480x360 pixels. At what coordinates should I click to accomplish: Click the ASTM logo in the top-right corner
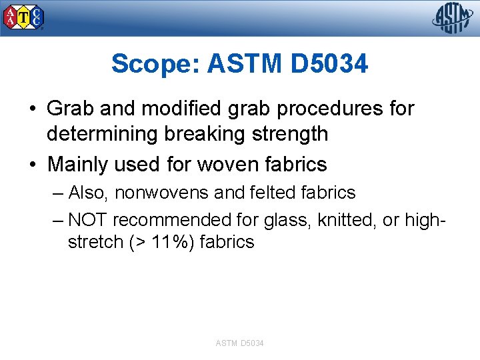453,18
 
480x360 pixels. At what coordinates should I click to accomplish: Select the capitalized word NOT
88,219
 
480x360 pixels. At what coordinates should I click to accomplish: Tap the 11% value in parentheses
167,241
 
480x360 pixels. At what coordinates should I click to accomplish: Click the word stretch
94,241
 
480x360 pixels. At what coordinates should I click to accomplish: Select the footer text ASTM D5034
240,343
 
